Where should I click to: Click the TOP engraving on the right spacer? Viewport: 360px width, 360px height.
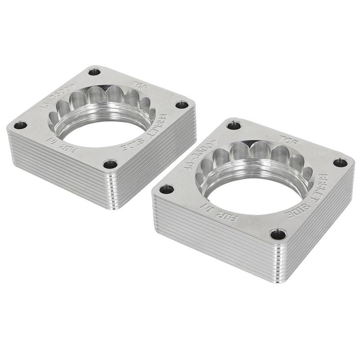click(x=288, y=140)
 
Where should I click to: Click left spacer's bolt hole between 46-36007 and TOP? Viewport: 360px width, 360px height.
click(x=94, y=72)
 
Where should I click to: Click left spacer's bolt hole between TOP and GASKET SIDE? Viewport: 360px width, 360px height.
click(x=182, y=105)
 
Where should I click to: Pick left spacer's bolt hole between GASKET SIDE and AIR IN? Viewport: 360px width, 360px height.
click(x=110, y=164)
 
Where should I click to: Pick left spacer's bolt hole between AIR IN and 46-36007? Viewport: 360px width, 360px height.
click(x=20, y=125)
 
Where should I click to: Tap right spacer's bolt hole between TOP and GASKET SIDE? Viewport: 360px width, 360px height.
click(x=340, y=162)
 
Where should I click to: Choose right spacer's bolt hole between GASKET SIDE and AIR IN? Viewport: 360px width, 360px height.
click(x=278, y=234)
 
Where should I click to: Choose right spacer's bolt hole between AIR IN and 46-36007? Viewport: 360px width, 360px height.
click(x=166, y=189)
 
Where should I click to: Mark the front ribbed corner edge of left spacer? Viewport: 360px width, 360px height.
click(x=115, y=189)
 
